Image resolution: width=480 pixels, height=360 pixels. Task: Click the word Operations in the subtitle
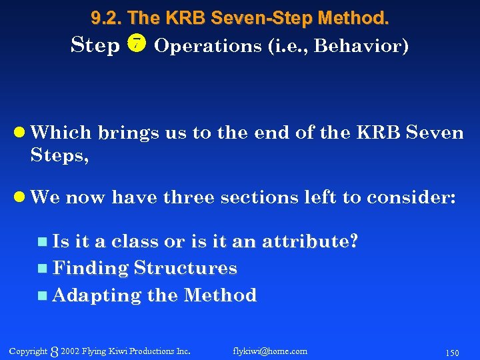click(198, 46)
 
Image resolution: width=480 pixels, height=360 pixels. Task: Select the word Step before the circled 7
click(95, 45)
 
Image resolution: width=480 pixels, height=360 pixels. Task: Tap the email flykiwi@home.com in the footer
click(270, 351)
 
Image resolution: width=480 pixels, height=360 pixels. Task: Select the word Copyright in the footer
click(28, 351)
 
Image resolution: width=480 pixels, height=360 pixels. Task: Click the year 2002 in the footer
click(69, 351)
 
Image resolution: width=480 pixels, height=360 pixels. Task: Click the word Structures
click(185, 268)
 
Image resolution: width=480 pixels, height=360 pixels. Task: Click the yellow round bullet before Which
click(21, 133)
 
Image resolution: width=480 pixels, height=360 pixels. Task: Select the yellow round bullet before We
click(21, 197)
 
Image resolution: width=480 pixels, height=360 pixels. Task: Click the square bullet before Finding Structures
click(43, 269)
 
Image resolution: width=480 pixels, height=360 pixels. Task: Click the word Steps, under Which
click(59, 156)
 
